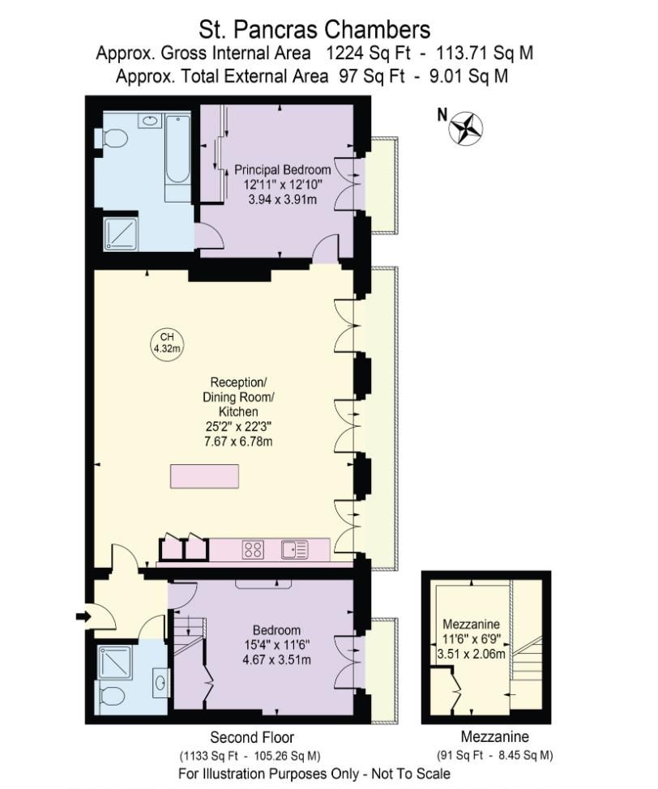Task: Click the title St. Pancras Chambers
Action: point(315,31)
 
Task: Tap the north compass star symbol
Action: point(467,126)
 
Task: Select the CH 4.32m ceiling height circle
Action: point(167,343)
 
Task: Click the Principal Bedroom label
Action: point(282,170)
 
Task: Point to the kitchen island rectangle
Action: point(205,476)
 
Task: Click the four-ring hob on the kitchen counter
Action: point(253,550)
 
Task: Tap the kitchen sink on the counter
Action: point(294,550)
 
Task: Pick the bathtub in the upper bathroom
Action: point(177,158)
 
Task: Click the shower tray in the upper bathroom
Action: point(122,232)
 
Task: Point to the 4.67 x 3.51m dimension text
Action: point(276,659)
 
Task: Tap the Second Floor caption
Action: point(252,737)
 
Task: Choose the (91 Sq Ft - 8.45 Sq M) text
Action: point(495,755)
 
